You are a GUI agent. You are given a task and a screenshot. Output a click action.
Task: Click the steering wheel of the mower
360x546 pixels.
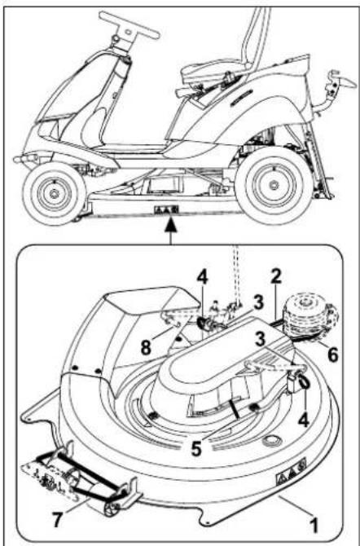coord(129,24)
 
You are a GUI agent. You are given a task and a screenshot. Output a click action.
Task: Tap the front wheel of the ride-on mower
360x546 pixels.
coord(55,193)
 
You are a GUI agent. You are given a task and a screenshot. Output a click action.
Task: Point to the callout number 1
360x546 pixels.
coord(314,525)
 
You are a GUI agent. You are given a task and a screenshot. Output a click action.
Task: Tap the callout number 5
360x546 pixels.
coord(196,449)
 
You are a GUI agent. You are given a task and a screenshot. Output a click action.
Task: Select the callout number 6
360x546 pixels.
coord(333,354)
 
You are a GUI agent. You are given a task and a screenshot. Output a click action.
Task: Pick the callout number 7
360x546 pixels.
coord(57,520)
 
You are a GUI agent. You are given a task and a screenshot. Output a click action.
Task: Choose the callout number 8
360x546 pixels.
coord(147,348)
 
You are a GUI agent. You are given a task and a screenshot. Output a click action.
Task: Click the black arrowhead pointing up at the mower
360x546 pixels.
coord(170,226)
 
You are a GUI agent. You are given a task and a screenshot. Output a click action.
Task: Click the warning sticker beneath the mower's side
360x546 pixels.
coord(166,209)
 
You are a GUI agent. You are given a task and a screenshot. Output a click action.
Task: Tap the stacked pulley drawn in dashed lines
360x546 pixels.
coord(310,316)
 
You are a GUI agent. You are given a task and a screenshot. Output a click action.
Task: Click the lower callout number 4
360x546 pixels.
coord(304,420)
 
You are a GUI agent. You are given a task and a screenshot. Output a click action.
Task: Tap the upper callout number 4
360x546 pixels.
coord(202,278)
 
